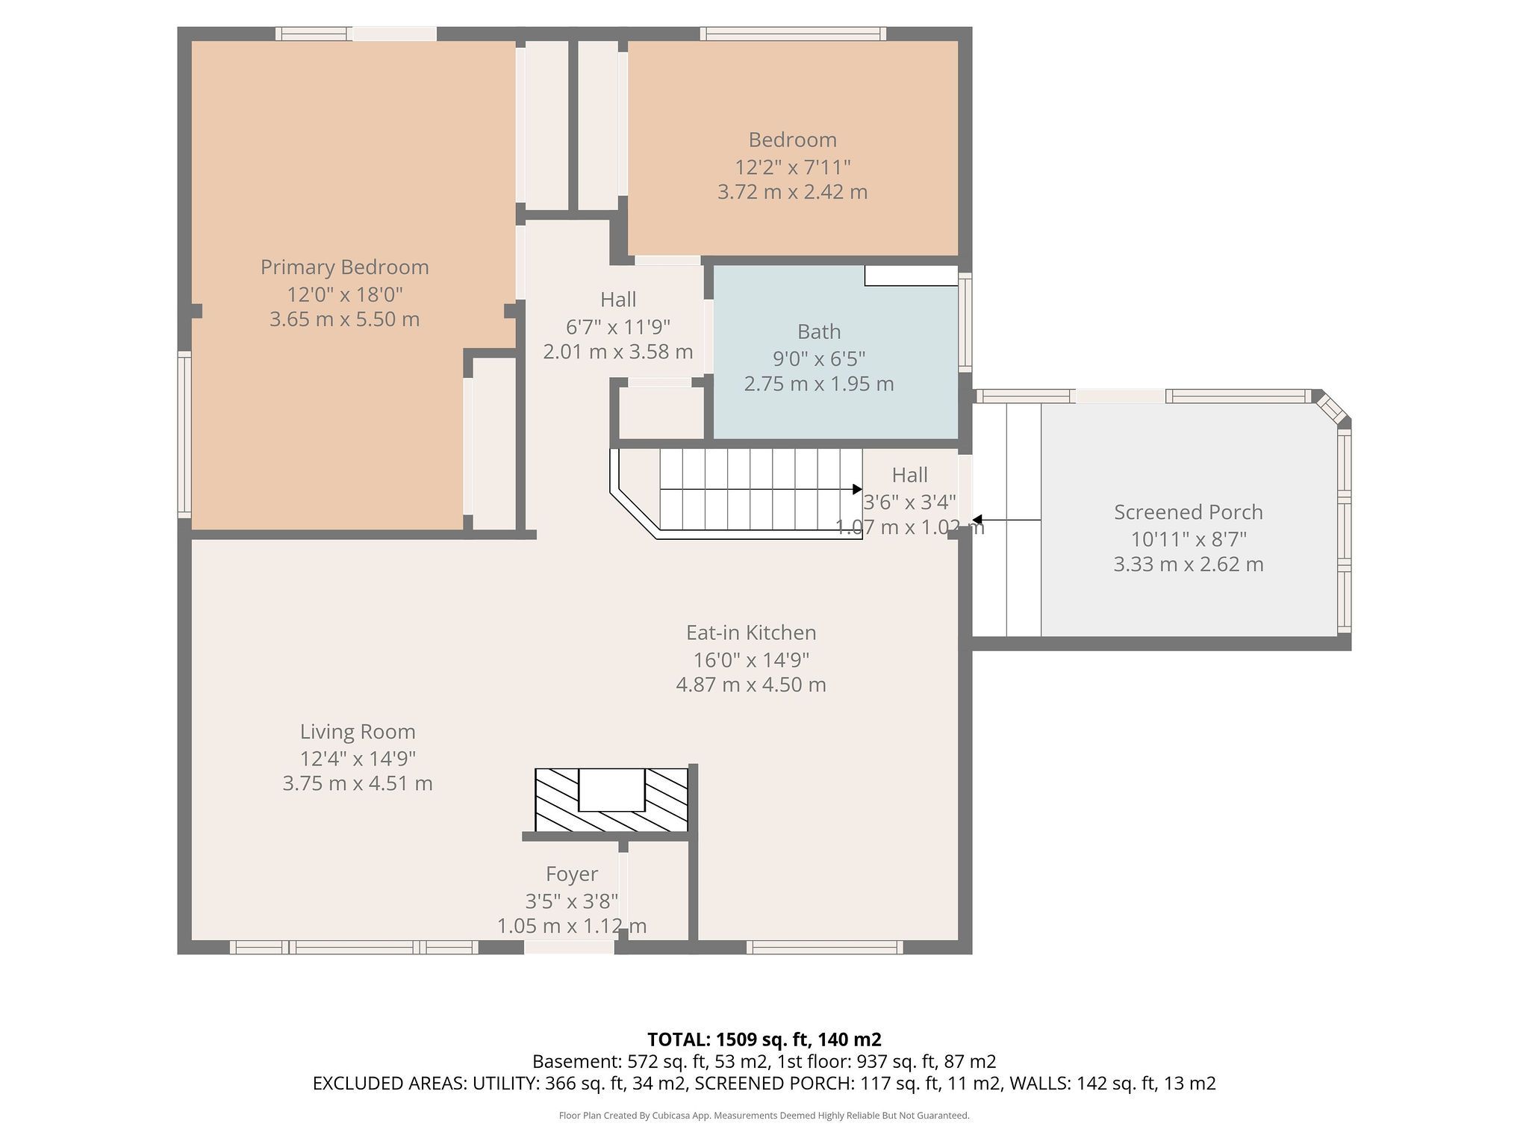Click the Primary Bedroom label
[x=344, y=267]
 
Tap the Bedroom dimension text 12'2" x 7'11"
[x=792, y=167]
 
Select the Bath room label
[x=819, y=332]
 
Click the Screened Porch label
[x=1189, y=512]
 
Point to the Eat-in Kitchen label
[x=751, y=632]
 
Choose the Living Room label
[x=358, y=732]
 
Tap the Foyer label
[x=572, y=874]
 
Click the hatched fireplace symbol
[x=611, y=800]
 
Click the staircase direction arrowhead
[x=857, y=489]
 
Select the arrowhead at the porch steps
[x=977, y=520]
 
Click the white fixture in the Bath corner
[x=911, y=276]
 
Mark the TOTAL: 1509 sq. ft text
[x=764, y=1039]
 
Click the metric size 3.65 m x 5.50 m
[x=344, y=320]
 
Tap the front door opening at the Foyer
[x=569, y=947]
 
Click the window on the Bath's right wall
[x=965, y=323]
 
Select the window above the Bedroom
[x=793, y=34]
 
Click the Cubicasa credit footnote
[x=764, y=1116]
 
